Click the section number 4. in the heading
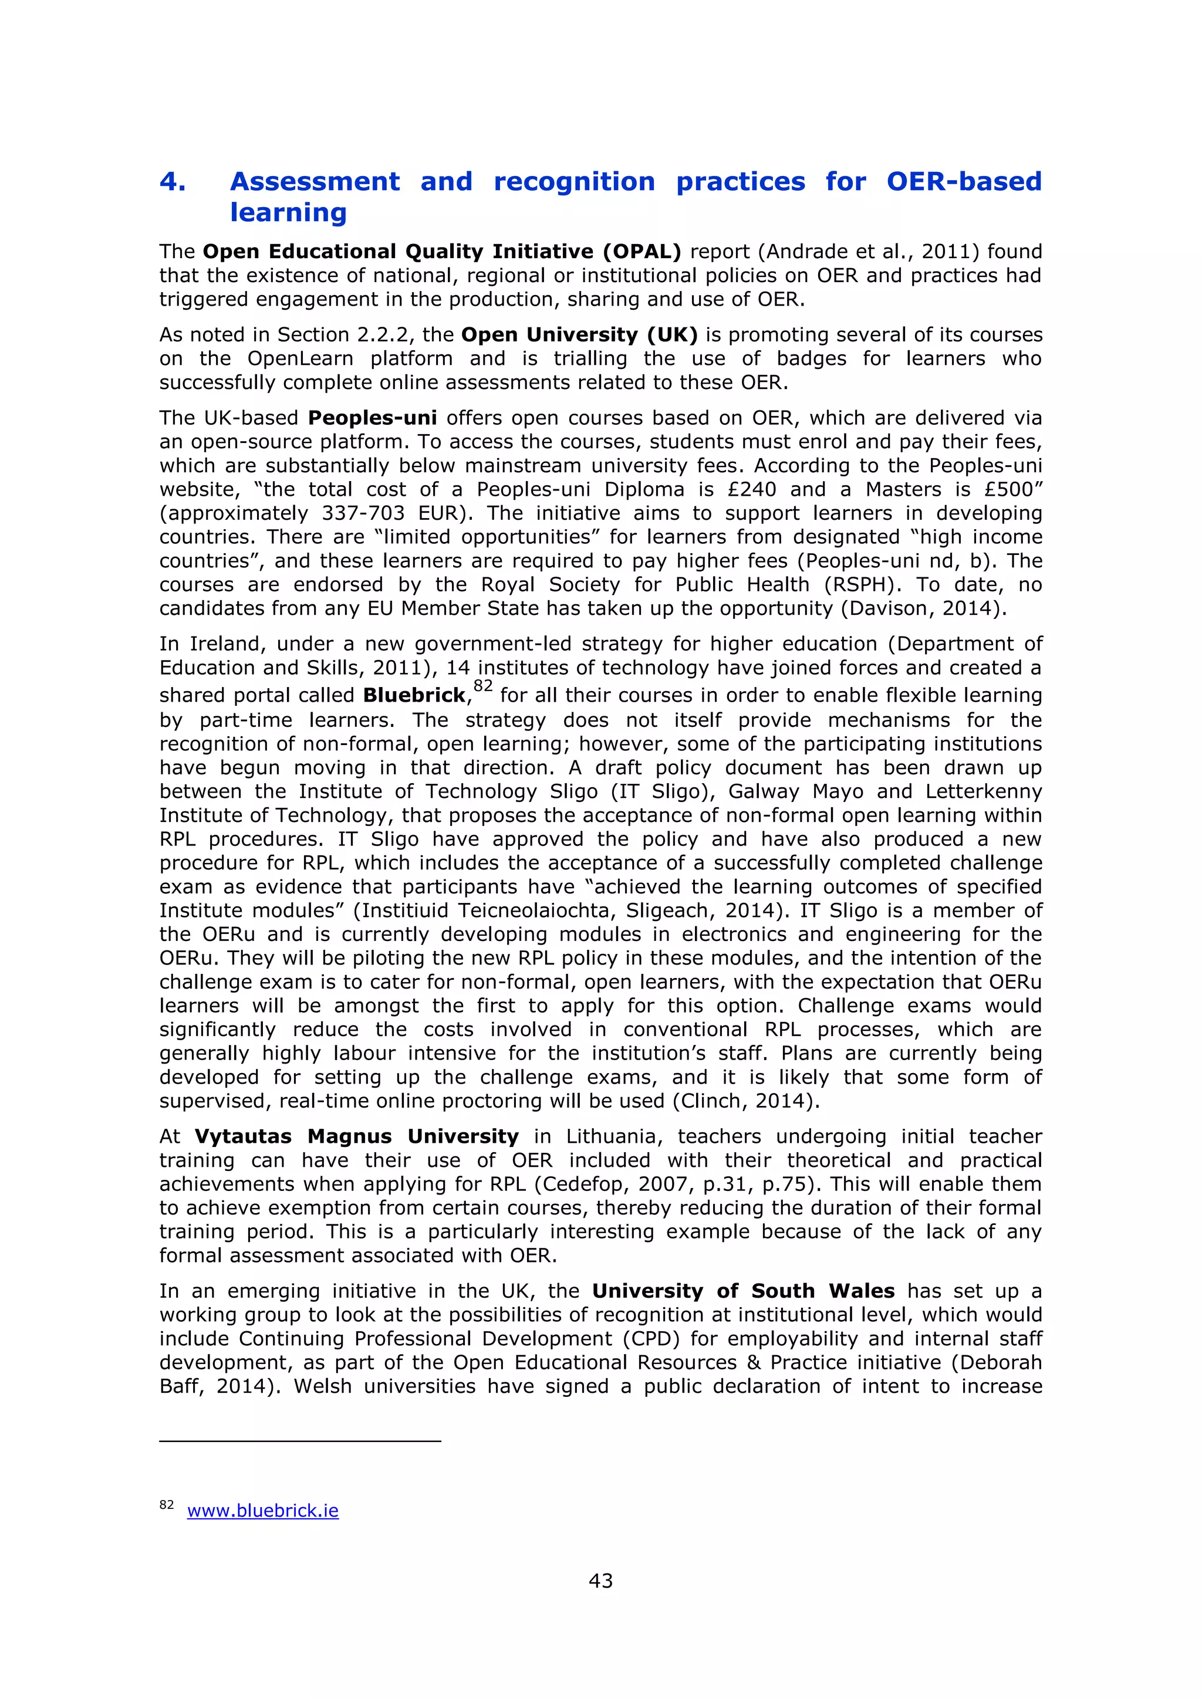click(x=173, y=182)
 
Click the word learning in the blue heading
click(x=288, y=213)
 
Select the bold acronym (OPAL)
click(x=641, y=252)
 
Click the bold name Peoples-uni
click(x=372, y=418)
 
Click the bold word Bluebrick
click(x=414, y=696)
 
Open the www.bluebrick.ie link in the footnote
click(x=263, y=1511)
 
